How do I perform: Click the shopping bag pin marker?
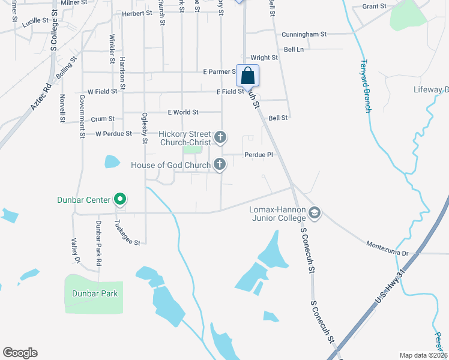[247, 76]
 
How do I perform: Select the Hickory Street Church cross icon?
[221, 138]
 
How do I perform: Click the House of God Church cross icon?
[221, 164]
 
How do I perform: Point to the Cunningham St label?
[306, 34]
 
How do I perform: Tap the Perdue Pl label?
[259, 155]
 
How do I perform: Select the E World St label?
[182, 112]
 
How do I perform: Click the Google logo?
[20, 353]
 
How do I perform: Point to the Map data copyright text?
[423, 355]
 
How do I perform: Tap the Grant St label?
[375, 6]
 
